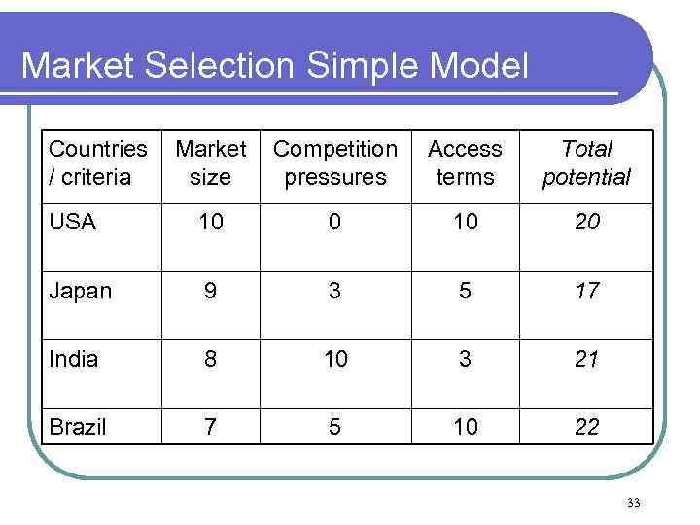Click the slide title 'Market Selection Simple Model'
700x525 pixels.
(275, 66)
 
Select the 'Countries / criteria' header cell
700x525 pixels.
(97, 163)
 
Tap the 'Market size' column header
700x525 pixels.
(210, 163)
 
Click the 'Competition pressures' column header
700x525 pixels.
(334, 163)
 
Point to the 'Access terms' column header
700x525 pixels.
(465, 163)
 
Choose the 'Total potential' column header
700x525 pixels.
(586, 163)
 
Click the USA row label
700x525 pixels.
(72, 223)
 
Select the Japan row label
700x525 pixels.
(80, 291)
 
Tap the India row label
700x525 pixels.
(74, 359)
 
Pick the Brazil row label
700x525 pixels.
(77, 427)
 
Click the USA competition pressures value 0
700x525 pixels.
(334, 223)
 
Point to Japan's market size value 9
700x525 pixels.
(210, 291)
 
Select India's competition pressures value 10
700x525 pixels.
(334, 359)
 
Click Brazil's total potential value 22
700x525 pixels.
(586, 427)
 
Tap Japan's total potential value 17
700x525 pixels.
(586, 291)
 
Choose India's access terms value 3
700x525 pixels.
(465, 359)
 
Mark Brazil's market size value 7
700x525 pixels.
(210, 427)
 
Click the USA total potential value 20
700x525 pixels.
(586, 223)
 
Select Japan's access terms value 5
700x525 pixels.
(465, 291)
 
